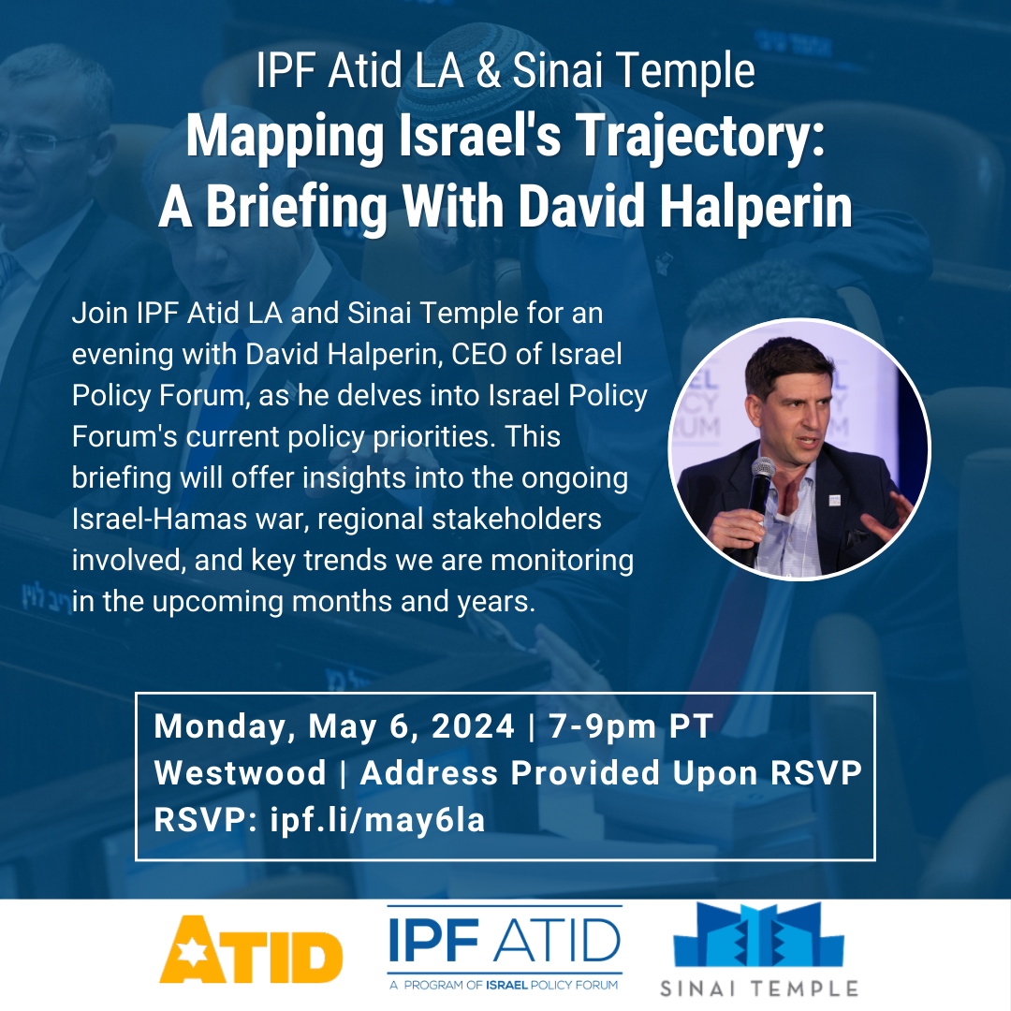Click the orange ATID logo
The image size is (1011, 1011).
click(x=251, y=948)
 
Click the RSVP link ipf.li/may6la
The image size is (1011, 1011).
click(x=377, y=820)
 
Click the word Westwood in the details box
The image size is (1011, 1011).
click(x=240, y=772)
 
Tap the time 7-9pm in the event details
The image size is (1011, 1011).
click(x=602, y=727)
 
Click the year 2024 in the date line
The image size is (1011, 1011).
click(x=473, y=726)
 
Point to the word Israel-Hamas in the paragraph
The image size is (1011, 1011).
click(x=158, y=519)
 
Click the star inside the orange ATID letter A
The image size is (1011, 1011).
click(x=192, y=952)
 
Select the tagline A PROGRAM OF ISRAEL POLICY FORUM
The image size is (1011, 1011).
click(x=504, y=985)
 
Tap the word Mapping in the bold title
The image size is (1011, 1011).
click(x=285, y=139)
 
